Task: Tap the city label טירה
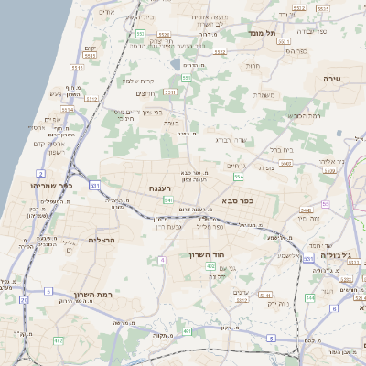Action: [x=331, y=80]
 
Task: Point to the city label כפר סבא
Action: [x=237, y=199]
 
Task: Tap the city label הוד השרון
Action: [x=206, y=254]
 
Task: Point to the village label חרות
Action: [x=253, y=66]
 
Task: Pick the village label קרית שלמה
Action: [x=137, y=81]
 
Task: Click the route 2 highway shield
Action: [x=40, y=172]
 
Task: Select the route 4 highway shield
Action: [x=161, y=260]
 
